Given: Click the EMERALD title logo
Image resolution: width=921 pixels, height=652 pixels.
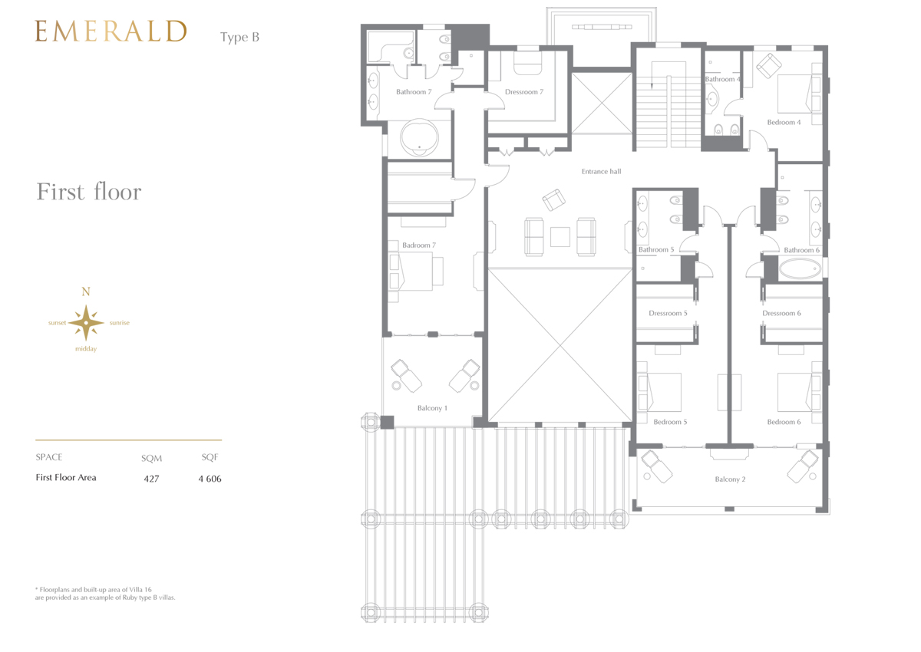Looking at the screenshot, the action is (111, 31).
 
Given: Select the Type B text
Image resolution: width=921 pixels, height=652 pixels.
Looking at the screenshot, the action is (239, 38).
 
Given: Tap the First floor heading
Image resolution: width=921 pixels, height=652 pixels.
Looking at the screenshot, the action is (89, 192).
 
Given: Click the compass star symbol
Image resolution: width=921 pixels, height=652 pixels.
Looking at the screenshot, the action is (86, 322).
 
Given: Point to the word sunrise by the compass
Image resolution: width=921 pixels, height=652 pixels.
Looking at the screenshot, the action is (120, 323).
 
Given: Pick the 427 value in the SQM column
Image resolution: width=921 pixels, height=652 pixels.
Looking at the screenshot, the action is (151, 479).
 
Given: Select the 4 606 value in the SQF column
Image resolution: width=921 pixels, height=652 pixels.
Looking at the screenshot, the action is (210, 479).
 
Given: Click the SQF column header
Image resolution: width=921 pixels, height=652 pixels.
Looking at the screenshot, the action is (210, 457).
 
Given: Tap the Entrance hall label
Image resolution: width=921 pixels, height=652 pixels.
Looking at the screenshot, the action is (601, 171).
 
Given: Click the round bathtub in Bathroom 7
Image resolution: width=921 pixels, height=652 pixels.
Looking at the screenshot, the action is (419, 137).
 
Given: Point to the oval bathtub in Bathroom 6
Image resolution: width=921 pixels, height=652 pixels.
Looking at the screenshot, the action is (800, 269).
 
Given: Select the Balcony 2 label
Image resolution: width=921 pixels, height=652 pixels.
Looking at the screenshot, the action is (730, 479).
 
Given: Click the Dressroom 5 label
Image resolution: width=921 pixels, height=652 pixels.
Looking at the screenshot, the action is (668, 313).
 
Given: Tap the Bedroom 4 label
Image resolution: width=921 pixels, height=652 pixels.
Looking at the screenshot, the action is (784, 122).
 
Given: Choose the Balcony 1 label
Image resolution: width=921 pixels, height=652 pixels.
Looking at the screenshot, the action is (432, 408).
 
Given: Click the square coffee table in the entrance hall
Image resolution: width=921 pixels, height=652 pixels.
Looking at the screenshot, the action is (560, 237).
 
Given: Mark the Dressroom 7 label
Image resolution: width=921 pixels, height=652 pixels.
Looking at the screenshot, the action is (524, 91).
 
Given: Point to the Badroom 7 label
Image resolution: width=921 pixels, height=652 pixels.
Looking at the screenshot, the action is (419, 245).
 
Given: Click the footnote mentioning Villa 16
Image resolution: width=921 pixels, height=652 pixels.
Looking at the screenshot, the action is (105, 593).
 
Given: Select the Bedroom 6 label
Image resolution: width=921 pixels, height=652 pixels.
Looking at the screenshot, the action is (784, 422).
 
